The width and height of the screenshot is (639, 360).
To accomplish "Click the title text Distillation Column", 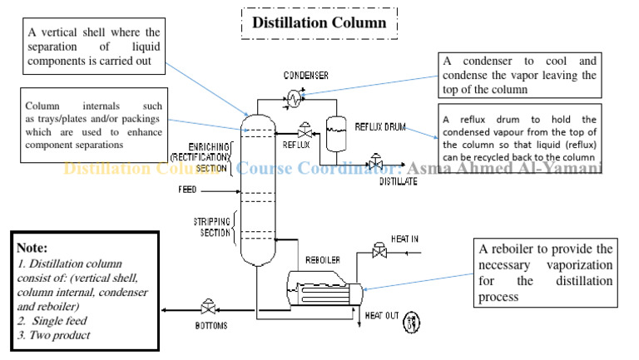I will click(319, 22).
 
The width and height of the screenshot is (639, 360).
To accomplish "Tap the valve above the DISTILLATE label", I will click(376, 160).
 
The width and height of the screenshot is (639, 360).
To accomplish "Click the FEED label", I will click(187, 190).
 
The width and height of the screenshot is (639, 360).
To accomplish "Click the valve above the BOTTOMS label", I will click(205, 307).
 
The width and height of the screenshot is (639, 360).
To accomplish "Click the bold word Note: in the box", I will click(34, 248).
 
